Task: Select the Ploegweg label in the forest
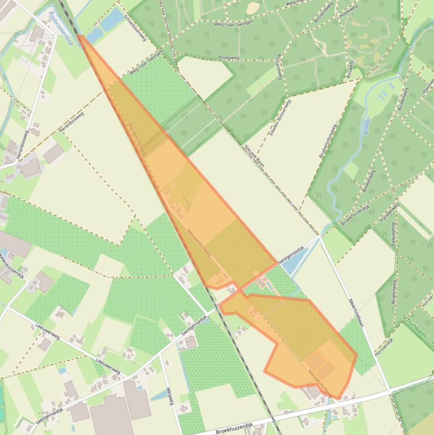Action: click(x=229, y=58)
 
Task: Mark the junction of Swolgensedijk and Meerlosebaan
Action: click(x=321, y=238)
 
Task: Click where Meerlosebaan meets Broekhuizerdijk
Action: click(x=389, y=390)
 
